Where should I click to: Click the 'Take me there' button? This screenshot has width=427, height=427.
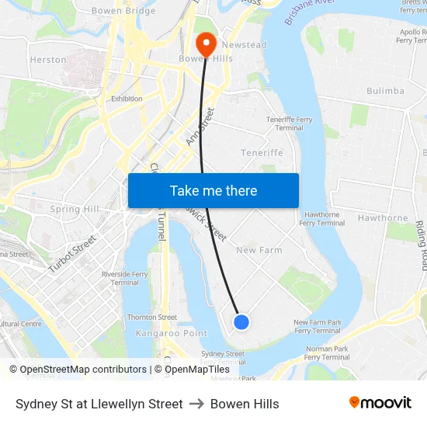[213, 191]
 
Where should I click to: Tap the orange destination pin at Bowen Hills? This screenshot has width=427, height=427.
[207, 43]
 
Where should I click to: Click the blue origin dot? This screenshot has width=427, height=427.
[241, 321]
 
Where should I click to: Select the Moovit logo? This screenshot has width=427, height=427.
[380, 403]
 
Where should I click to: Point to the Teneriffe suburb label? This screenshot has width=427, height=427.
[262, 153]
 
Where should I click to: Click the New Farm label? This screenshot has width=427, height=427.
[259, 250]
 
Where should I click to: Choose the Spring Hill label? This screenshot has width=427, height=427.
[75, 210]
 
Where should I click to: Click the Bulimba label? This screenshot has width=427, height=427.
[385, 91]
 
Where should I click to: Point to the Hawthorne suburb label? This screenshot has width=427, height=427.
[383, 218]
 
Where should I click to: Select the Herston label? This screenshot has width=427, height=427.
[48, 60]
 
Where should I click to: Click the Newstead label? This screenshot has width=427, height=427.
[244, 45]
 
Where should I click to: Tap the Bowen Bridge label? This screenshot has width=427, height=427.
[123, 11]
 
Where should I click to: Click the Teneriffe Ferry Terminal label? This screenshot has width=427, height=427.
[290, 123]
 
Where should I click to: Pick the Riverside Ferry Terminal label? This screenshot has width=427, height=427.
[124, 278]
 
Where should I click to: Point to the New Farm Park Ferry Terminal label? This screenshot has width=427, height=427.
[318, 326]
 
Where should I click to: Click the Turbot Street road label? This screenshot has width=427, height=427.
[71, 254]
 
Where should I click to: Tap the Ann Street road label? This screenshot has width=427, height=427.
[200, 127]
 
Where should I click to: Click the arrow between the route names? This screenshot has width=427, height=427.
[196, 404]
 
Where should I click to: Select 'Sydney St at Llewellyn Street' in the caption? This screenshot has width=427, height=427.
[99, 404]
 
